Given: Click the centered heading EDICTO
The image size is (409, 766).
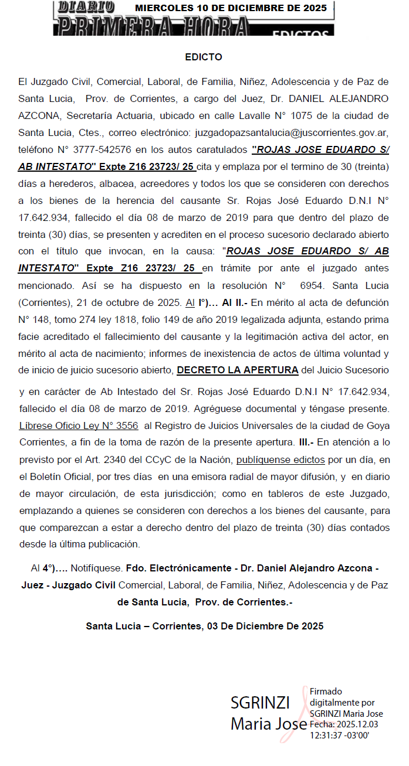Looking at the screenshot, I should [x=203, y=57].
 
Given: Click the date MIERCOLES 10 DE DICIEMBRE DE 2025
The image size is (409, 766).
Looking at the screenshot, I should [x=231, y=8].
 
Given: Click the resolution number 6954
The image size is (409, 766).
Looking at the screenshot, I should [x=309, y=288].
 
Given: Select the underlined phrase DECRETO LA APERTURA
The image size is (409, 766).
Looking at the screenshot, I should [x=238, y=370].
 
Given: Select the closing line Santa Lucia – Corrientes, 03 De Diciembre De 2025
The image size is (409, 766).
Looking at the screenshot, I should [x=204, y=626].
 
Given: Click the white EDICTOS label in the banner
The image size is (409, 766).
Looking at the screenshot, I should [x=300, y=33].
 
